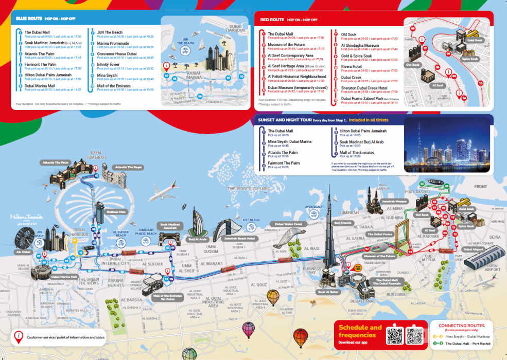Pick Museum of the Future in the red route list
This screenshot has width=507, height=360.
[286, 45]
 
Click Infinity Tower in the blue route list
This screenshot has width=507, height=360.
[108, 64]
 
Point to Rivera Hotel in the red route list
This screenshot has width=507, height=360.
[351, 66]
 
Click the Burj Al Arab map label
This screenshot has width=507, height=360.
[197, 239]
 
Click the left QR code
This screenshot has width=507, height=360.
[394, 335]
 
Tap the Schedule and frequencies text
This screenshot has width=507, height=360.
[360, 331]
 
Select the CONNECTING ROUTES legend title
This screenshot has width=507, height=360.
[460, 326]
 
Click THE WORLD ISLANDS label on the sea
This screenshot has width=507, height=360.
[249, 189]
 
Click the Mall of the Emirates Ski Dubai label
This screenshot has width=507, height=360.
[168, 297]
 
